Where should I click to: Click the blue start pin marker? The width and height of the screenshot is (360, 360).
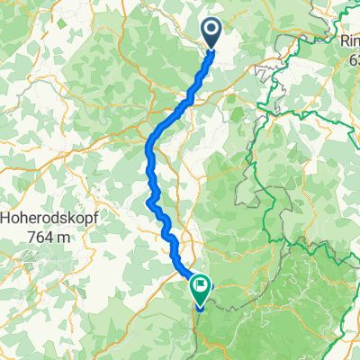tap(212, 32)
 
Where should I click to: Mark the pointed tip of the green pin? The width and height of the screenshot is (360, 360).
tap(199, 306)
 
